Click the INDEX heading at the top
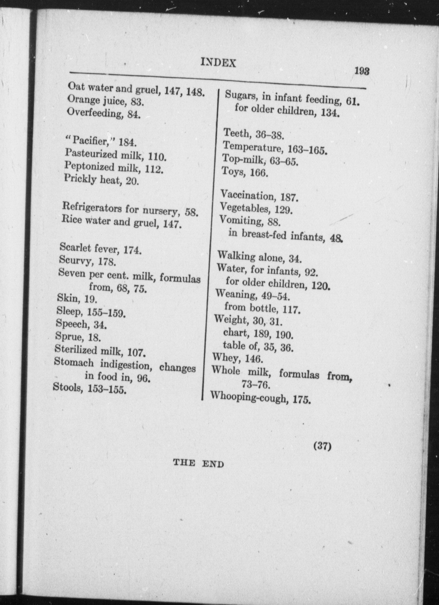coord(218,63)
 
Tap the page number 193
coord(361,71)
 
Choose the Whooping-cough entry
coord(260,398)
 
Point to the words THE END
coord(198,464)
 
